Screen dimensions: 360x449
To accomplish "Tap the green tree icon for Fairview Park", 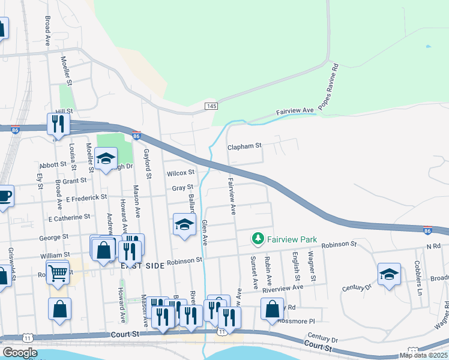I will pyautogui.click(x=258, y=239).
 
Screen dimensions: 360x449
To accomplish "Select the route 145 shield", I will pyautogui.click(x=210, y=106).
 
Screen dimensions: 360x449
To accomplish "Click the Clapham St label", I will pyautogui.click(x=245, y=146).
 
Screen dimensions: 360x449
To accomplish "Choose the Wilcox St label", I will pyautogui.click(x=181, y=173).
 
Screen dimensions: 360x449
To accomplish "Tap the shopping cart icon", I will pyautogui.click(x=58, y=273).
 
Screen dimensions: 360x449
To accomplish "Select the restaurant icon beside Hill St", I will pyautogui.click(x=58, y=124).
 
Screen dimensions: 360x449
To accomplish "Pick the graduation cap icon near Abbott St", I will pyautogui.click(x=106, y=159).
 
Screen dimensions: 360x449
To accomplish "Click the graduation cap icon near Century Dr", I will pyautogui.click(x=389, y=274).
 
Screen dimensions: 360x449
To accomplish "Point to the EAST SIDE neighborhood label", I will pyautogui.click(x=139, y=265).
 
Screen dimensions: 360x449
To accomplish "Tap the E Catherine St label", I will pyautogui.click(x=69, y=217).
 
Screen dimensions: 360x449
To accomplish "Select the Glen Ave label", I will pyautogui.click(x=204, y=232).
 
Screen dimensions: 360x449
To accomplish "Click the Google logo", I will pyautogui.click(x=20, y=353).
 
